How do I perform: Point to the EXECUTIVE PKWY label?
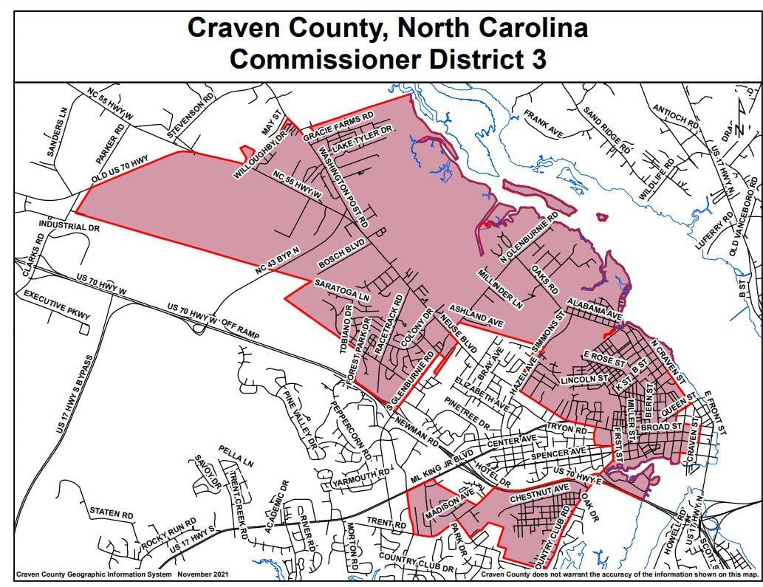57,305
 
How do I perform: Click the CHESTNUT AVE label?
539,489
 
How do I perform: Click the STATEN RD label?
111,512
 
